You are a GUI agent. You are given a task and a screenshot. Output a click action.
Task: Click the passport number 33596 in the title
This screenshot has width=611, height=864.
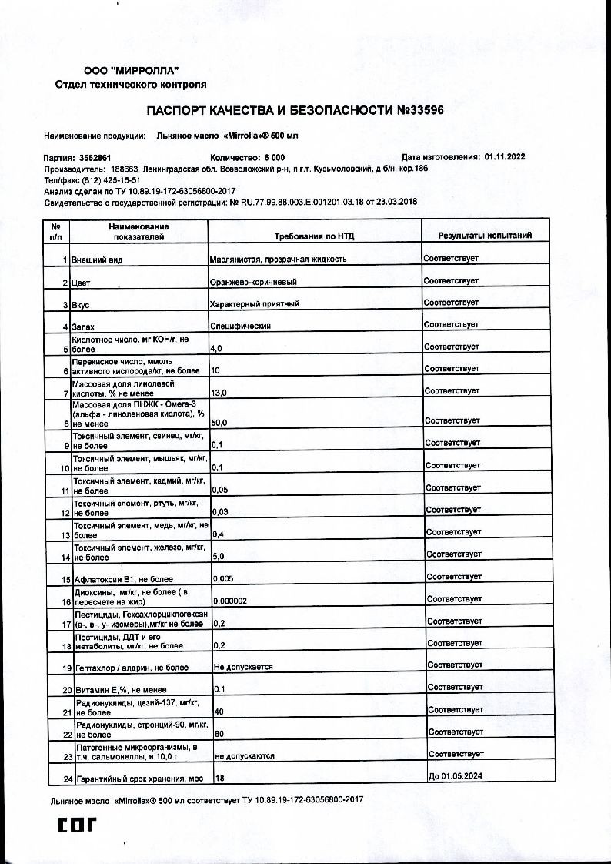pos(420,111)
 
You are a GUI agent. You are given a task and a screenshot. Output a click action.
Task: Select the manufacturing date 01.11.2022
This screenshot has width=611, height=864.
pos(505,156)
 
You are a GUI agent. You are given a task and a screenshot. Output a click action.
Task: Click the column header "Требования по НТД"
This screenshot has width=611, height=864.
pos(315,236)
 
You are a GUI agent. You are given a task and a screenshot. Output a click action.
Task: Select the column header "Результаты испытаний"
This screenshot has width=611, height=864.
pos(485,236)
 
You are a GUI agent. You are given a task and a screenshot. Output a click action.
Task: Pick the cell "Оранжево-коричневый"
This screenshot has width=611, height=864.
pos(253,283)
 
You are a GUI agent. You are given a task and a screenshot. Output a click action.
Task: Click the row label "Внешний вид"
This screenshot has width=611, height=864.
pos(97,260)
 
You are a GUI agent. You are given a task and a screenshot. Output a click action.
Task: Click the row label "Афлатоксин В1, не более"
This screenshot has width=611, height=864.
pos(123,579)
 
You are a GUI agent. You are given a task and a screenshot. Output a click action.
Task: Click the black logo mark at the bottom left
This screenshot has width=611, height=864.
pos(78,825)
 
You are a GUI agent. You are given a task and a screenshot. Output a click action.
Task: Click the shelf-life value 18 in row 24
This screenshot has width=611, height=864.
pos(219,779)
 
